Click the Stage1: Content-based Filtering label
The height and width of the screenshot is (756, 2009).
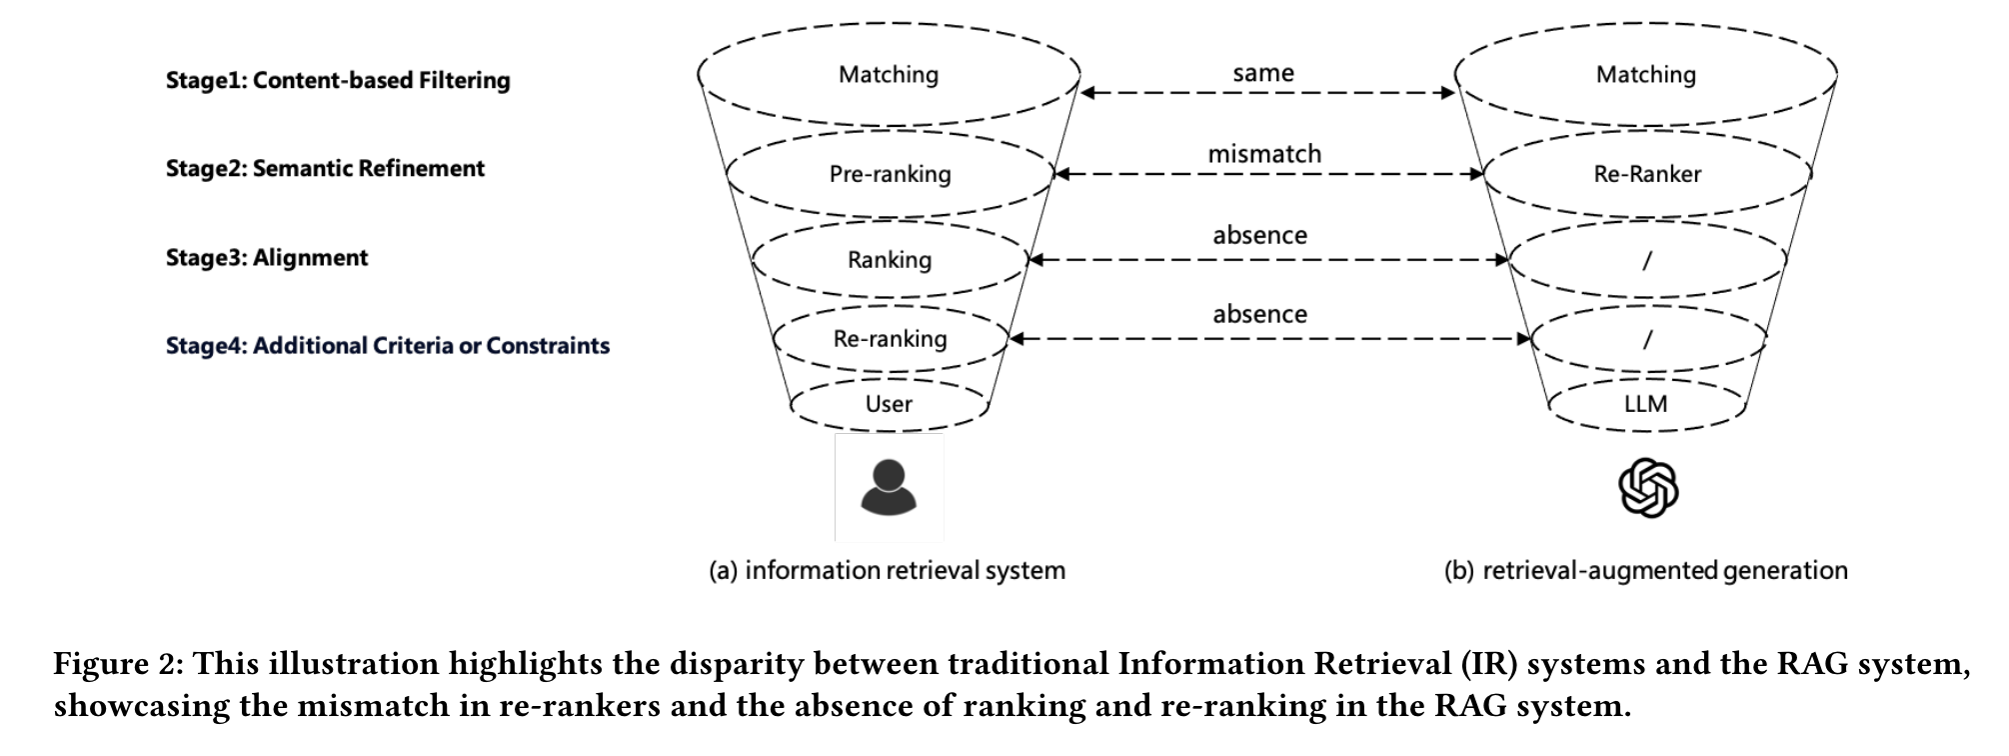[338, 80]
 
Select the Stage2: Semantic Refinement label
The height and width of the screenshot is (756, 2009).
[325, 168]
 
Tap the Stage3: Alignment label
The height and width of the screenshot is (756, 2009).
[267, 257]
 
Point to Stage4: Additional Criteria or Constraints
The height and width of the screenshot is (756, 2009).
[388, 345]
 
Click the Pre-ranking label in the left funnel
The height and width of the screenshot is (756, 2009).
[890, 174]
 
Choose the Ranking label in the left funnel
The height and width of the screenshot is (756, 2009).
[890, 260]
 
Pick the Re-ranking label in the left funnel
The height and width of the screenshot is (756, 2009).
[890, 338]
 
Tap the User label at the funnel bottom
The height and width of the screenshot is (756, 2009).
[889, 403]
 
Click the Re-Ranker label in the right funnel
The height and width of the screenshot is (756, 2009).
[1647, 174]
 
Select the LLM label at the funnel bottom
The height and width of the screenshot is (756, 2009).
[1645, 403]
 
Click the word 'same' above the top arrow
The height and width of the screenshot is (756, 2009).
[1263, 73]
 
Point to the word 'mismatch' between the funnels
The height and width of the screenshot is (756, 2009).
[1264, 154]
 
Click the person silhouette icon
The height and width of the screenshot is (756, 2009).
[889, 487]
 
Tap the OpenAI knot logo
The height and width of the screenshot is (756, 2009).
[1647, 488]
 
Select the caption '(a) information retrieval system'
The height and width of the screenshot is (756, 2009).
[887, 570]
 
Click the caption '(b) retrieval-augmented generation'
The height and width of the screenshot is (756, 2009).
[1645, 570]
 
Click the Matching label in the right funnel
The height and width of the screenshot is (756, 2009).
[1645, 74]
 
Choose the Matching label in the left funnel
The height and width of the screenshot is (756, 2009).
[889, 74]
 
